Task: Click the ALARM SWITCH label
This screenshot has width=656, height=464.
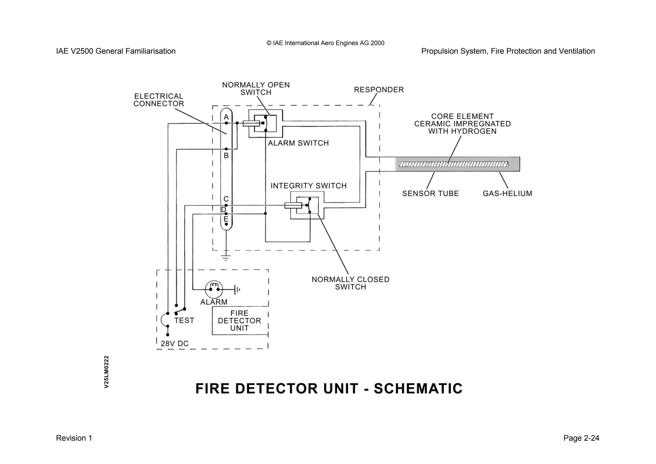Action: (298, 143)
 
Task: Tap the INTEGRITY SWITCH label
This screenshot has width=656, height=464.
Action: (308, 186)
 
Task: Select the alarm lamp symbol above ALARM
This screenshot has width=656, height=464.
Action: (214, 289)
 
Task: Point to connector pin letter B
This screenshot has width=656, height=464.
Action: (226, 156)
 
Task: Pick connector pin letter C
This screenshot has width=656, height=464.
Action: (226, 199)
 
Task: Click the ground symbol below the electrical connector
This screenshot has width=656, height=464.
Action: (226, 257)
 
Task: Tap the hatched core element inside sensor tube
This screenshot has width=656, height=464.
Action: (453, 165)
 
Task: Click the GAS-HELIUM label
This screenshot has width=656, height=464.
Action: (507, 194)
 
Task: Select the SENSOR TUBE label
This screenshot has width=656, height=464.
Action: (430, 194)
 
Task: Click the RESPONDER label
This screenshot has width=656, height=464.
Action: (379, 90)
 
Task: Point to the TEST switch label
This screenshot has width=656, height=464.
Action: (184, 321)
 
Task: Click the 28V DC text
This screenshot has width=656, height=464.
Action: (175, 344)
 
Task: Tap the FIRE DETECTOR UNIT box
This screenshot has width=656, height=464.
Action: (240, 321)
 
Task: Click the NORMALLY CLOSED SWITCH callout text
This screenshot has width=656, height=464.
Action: (350, 283)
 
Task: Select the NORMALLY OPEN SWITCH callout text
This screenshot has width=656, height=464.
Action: (256, 89)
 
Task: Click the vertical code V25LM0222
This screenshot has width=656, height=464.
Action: (107, 372)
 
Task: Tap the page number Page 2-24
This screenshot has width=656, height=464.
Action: (581, 438)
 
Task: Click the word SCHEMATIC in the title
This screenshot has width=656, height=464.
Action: (418, 389)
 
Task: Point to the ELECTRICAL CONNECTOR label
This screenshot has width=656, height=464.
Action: (159, 100)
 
